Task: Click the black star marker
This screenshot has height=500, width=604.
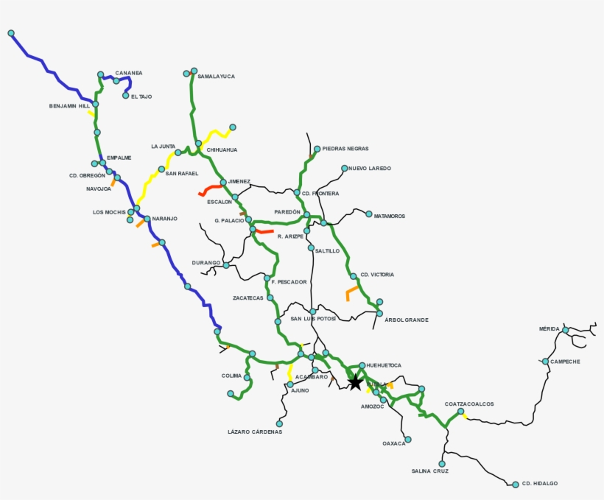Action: tap(355, 382)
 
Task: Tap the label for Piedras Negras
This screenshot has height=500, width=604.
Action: tap(345, 149)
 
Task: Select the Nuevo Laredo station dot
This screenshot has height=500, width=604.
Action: tap(344, 169)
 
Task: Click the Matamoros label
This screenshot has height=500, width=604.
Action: tap(390, 216)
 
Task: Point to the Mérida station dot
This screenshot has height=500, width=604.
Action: tap(565, 330)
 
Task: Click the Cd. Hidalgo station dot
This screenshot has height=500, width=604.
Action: tap(516, 484)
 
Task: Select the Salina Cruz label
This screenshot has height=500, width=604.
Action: tap(430, 471)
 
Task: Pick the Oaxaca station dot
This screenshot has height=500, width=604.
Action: tap(408, 440)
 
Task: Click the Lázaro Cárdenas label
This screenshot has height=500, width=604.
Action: tap(255, 432)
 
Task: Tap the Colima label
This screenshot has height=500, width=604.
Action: tap(231, 376)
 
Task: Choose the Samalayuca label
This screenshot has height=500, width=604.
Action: tap(217, 76)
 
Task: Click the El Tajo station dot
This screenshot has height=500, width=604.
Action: tap(126, 96)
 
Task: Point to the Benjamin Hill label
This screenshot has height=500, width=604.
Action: tap(69, 106)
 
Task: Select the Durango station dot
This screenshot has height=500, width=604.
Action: tap(226, 265)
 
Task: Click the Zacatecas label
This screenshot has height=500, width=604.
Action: tap(248, 298)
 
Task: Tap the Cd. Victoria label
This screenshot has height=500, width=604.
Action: tap(377, 275)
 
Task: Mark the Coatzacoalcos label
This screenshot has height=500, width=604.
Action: tap(469, 404)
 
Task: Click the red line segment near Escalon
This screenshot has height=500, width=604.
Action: tap(210, 190)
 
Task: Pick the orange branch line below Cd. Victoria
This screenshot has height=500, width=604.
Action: tap(351, 293)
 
